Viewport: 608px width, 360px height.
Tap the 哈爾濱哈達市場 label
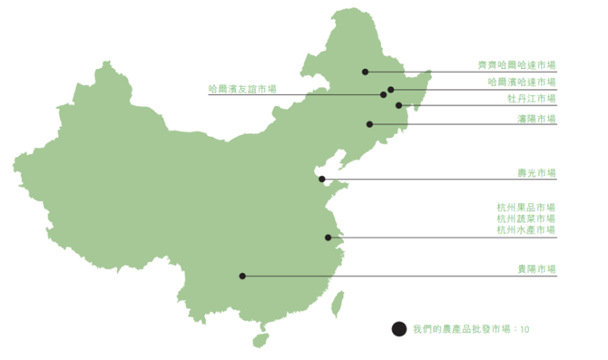(521, 82)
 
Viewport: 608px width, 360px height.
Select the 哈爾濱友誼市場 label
(242, 89)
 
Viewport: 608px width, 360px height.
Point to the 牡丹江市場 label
(531, 98)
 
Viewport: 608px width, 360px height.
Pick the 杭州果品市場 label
(525, 207)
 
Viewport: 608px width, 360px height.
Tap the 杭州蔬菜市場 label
(525, 219)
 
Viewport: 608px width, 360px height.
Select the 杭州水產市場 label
(525, 230)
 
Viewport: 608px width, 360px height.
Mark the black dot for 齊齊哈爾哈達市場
(365, 72)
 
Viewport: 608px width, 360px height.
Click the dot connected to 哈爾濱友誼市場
(384, 94)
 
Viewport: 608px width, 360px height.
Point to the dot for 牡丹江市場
(398, 105)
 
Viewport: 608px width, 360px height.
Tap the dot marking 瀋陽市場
(369, 124)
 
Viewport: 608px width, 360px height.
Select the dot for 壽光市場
(321, 180)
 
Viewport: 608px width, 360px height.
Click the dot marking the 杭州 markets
(329, 238)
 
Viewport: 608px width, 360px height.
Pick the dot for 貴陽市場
(242, 276)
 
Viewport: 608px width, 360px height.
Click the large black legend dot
(397, 329)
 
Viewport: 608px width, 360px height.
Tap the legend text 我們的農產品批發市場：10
(469, 329)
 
